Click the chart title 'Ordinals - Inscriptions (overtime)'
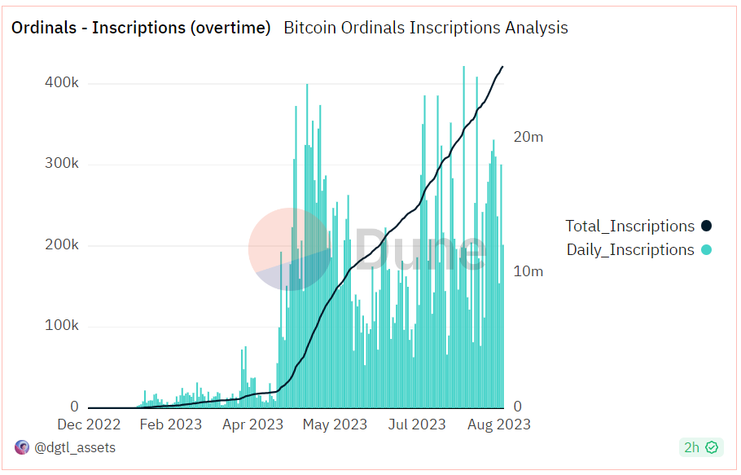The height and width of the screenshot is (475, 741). (x=140, y=28)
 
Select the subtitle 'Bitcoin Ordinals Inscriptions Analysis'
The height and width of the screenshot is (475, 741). (x=425, y=28)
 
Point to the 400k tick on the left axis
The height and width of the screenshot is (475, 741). (x=61, y=83)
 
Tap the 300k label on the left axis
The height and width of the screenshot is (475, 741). (x=61, y=164)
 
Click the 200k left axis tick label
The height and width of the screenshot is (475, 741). (x=61, y=245)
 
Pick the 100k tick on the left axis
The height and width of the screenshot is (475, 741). (x=61, y=326)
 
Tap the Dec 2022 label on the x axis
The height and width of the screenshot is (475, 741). (x=89, y=424)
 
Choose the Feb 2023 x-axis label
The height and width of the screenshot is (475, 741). (x=170, y=424)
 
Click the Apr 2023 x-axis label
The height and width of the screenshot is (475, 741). (x=252, y=424)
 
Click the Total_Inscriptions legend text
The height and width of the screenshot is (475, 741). (x=630, y=227)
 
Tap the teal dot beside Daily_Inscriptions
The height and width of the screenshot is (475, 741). (x=706, y=250)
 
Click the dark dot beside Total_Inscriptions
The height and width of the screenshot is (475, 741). (x=706, y=227)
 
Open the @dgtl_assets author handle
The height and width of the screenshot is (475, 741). (x=75, y=447)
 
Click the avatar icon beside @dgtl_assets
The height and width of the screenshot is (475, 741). (x=22, y=447)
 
